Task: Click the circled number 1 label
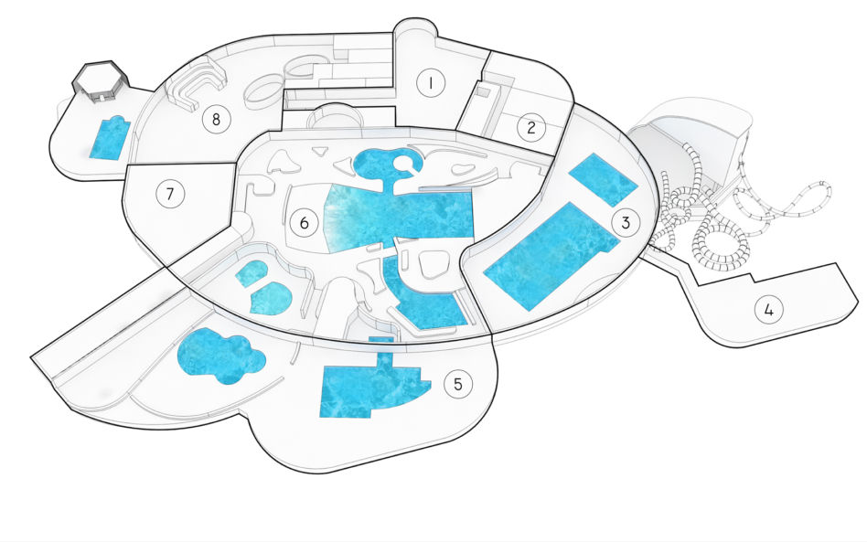(x=430, y=83)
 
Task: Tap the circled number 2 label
(x=531, y=128)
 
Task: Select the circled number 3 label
(x=626, y=223)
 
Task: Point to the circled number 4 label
(x=769, y=310)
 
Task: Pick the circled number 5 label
(x=458, y=384)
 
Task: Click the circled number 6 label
(x=305, y=223)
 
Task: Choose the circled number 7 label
(x=170, y=194)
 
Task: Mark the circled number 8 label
(x=216, y=119)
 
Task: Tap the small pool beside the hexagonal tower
(x=110, y=138)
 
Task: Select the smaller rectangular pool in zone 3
(x=604, y=179)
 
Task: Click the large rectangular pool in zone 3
(x=551, y=256)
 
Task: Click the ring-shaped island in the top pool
(x=408, y=164)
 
